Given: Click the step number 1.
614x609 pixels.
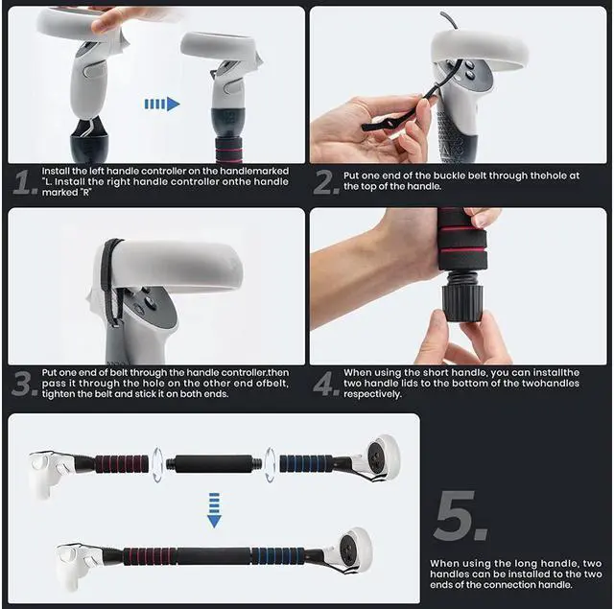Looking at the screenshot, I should [x=23, y=181].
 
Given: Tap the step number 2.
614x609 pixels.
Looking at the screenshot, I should [x=327, y=181].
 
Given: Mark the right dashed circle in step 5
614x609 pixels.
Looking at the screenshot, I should [x=271, y=463].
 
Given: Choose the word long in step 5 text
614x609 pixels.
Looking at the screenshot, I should [x=523, y=564].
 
